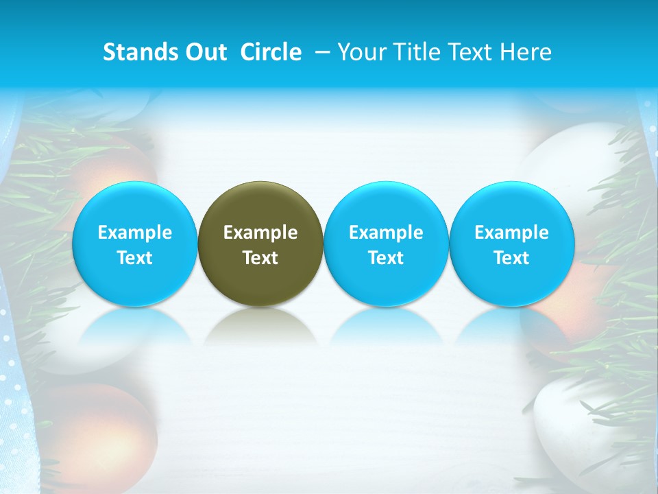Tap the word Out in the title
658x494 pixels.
pos(204,52)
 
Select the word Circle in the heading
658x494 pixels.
pos(271,52)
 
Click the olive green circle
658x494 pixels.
pos(260,243)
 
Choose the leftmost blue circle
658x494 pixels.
pos(134,243)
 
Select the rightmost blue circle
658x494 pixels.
pos(511,243)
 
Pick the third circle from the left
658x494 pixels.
pos(386,243)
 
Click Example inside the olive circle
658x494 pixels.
pos(260,233)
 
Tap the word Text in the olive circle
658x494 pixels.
pos(260,258)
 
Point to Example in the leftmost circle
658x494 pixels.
pos(134,233)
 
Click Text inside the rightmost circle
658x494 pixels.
pos(511,258)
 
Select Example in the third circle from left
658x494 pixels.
pos(386,233)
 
